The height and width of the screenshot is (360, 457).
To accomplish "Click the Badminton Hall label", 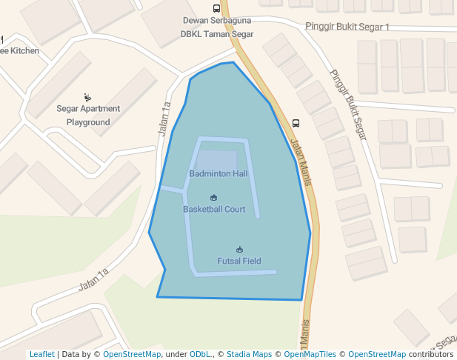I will (x=218, y=174).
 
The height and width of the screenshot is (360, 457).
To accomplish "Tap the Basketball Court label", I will (x=214, y=210).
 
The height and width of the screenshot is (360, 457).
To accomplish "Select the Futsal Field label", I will (x=238, y=261).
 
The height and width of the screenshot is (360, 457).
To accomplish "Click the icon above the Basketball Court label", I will (x=214, y=198).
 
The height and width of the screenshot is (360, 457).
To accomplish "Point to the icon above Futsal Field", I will (x=239, y=250).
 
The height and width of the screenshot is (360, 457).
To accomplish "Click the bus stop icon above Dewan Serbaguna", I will (x=216, y=9).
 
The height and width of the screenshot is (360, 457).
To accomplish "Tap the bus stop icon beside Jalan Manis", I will (x=296, y=123).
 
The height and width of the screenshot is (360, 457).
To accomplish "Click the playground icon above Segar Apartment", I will (x=88, y=97).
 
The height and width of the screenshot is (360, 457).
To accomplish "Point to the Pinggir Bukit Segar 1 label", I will (x=347, y=27).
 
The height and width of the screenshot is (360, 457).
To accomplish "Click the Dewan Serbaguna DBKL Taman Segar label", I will (x=217, y=27).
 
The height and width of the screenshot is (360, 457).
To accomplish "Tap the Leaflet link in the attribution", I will (x=41, y=354).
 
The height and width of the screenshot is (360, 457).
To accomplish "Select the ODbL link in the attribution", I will (x=200, y=354).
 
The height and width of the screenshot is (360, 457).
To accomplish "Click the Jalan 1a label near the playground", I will (x=164, y=119).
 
